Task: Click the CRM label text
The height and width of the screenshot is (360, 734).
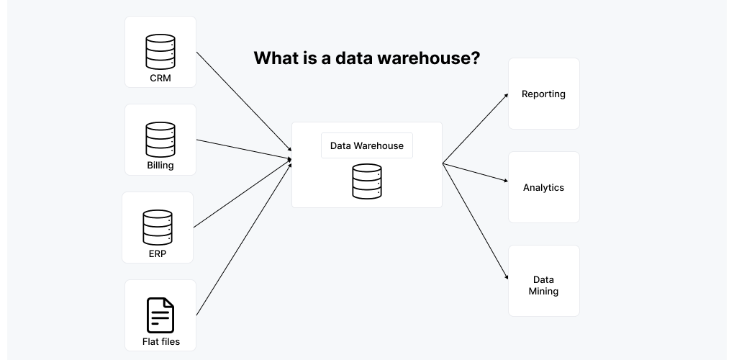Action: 160,78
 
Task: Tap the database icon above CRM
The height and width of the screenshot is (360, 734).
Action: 160,51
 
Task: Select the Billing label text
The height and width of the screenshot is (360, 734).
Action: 160,166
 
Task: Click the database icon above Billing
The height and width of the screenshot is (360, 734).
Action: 160,139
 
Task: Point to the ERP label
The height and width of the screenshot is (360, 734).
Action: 158,253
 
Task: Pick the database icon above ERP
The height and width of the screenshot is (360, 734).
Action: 158,227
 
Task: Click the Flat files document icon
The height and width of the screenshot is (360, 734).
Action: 160,315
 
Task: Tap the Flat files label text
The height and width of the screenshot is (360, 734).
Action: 161,341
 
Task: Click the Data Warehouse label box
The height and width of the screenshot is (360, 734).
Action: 367,145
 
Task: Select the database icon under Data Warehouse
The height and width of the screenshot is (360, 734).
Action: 367,181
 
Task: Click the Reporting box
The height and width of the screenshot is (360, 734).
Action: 544,94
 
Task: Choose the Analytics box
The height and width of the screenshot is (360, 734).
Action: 544,187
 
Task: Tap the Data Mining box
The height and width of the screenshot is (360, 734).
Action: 544,286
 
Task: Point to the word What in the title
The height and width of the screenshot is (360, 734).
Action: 273,58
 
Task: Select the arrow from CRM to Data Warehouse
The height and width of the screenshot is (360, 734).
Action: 243,104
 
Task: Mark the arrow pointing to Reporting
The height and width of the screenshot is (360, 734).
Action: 475,128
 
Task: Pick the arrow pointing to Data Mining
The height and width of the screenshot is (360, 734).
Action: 475,221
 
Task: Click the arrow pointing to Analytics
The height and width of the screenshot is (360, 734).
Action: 475,174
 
